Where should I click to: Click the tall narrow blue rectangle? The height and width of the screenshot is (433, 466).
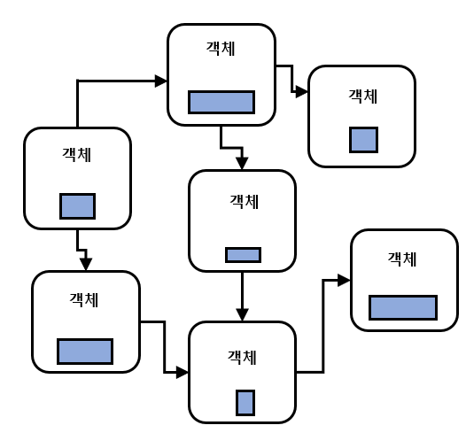245,403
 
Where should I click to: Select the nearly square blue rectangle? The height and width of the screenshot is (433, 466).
363,140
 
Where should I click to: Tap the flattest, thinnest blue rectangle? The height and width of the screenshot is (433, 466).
243,255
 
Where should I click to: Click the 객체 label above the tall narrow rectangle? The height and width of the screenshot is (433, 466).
242,357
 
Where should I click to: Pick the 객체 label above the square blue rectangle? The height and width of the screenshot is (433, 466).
363,97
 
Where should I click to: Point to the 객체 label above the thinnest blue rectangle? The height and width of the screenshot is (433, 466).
244,202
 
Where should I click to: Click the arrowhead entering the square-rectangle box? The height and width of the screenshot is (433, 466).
302,92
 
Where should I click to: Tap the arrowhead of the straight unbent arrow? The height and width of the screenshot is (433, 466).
242,315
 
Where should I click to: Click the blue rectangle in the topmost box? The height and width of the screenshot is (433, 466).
221,102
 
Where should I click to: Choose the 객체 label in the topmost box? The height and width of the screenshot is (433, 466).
221,49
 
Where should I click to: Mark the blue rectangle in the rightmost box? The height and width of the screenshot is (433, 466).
403,307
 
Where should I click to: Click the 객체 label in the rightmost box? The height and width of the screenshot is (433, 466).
402,259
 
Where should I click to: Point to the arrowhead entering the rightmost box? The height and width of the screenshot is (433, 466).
344,280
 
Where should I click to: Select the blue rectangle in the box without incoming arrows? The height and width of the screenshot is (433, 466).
78,206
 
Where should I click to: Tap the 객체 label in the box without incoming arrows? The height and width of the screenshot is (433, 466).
76,155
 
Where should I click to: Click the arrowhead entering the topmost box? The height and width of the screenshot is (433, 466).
161,81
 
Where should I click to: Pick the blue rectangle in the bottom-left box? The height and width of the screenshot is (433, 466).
85,352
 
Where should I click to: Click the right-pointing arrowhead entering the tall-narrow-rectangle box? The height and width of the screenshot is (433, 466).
183,372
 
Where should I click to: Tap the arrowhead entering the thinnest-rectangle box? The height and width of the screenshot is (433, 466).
242,164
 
